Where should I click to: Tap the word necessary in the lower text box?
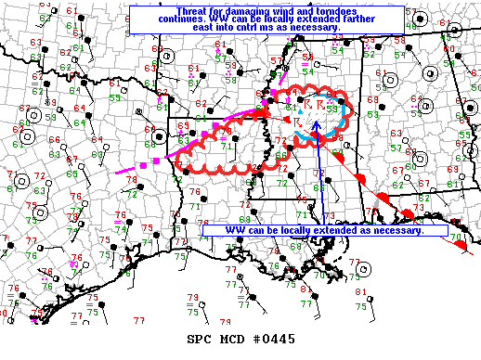tap(392, 230)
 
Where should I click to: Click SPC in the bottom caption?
tap(201, 341)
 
